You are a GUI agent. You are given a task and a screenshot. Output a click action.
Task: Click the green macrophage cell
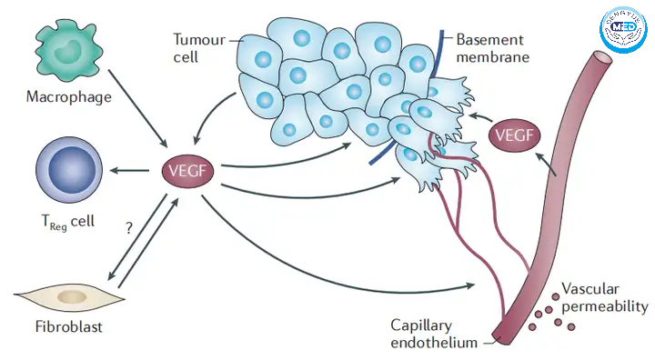pos(68,52)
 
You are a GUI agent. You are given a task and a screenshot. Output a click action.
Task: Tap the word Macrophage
pos(69,97)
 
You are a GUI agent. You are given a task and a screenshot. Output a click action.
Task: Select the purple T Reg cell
pos(69,170)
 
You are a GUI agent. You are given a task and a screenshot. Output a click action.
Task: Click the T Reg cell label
pos(68,222)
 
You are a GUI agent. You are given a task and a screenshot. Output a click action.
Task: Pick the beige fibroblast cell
pos(70,297)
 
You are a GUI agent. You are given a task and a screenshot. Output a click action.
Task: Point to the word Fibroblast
pos(68,326)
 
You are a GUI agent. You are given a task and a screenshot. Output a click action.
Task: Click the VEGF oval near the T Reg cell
pos(187,171)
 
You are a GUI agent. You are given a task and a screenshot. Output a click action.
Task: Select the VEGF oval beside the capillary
pos(514,135)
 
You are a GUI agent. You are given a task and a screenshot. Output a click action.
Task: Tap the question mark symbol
pos(129,227)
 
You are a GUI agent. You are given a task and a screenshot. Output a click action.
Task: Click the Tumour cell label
pos(199,48)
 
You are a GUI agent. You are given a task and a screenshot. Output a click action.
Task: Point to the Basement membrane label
pos(492,48)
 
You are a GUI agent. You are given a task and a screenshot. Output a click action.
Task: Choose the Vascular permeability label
pos(604,297)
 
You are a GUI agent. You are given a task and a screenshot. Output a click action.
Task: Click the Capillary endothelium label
pos(434,334)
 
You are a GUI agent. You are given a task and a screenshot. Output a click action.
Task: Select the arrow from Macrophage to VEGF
pos(137,108)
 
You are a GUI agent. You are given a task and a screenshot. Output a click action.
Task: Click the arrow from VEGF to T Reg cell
pos(129,170)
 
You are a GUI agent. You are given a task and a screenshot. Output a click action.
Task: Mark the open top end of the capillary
pos(603,57)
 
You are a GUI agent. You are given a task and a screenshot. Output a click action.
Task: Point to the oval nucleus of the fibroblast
pos(72,297)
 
